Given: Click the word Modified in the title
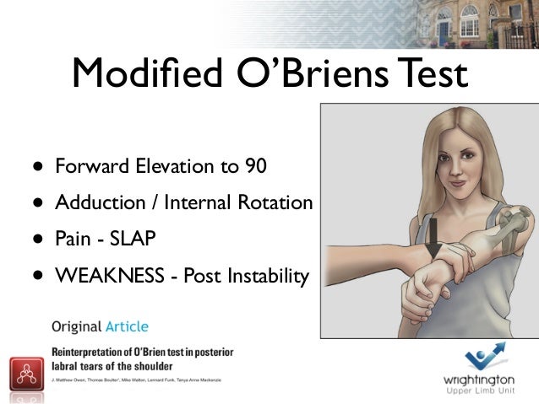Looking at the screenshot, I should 139,73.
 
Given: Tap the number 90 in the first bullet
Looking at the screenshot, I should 255,166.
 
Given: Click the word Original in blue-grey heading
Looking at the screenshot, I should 75,326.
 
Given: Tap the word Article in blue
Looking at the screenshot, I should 125,326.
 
